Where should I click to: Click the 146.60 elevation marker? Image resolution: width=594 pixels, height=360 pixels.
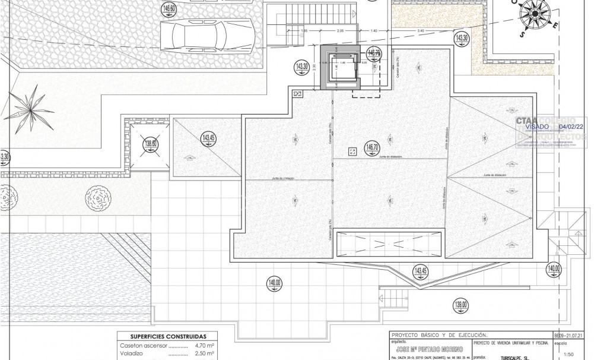169,8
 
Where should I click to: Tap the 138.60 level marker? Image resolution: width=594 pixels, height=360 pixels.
151,143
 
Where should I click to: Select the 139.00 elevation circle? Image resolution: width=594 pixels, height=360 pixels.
460,306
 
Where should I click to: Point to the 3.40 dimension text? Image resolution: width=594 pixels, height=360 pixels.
421,30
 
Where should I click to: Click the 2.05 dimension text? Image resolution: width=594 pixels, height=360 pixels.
340,30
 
